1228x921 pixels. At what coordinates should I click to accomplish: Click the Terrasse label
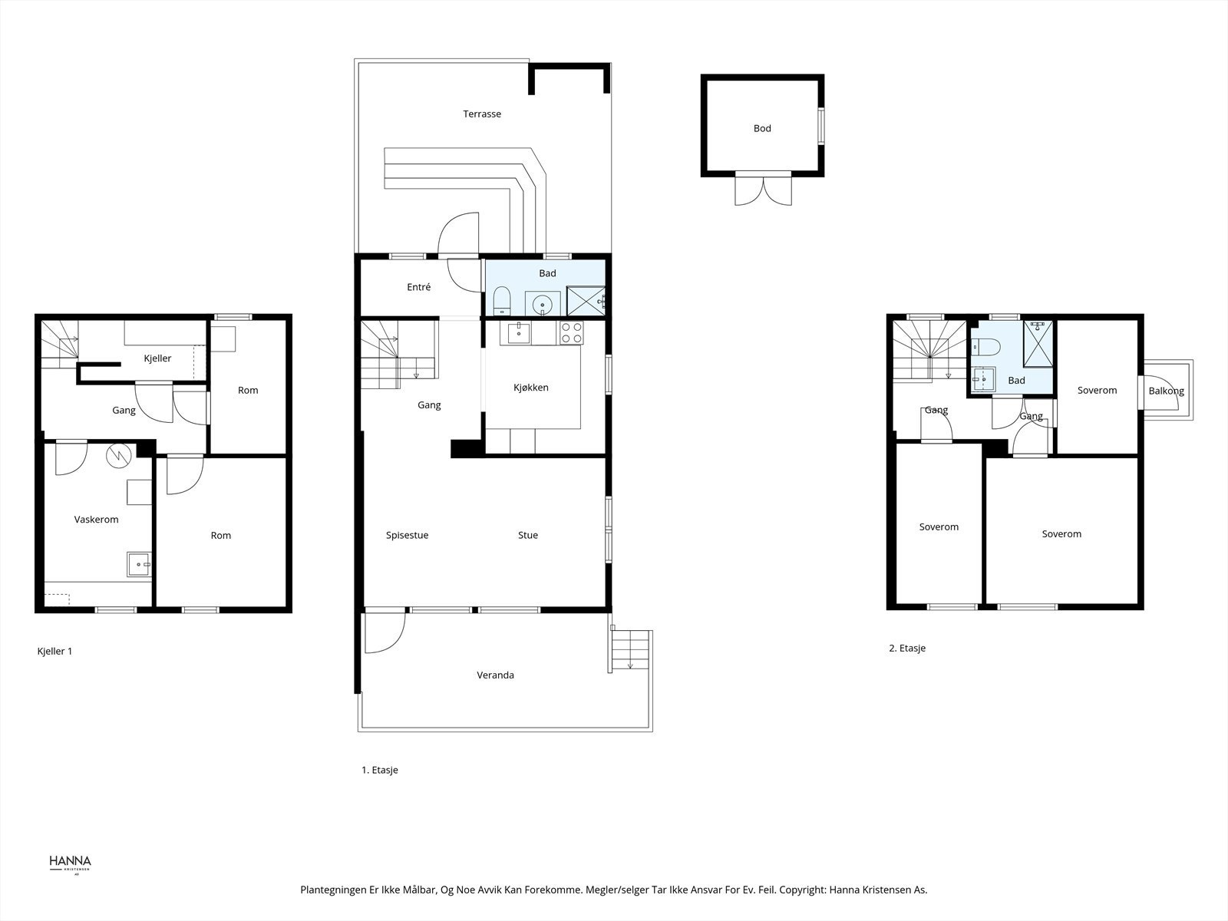pyautogui.click(x=482, y=114)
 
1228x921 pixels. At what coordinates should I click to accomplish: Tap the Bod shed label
pyautogui.click(x=762, y=129)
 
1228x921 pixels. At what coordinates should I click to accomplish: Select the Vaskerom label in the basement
pyautogui.click(x=96, y=520)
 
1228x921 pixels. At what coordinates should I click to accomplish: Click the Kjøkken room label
pyautogui.click(x=531, y=388)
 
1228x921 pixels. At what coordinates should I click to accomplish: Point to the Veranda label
pyautogui.click(x=496, y=675)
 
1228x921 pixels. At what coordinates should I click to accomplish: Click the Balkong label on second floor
pyautogui.click(x=1166, y=391)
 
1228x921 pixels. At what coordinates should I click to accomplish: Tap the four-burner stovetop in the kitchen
pyautogui.click(x=571, y=332)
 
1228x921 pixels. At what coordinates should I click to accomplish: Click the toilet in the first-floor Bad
pyautogui.click(x=502, y=300)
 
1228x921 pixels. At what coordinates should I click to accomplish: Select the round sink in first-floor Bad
pyautogui.click(x=543, y=305)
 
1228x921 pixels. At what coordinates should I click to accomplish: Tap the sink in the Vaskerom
pyautogui.click(x=139, y=564)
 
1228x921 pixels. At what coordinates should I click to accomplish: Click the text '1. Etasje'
pyautogui.click(x=380, y=770)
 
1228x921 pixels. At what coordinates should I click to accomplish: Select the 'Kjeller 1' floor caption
pyautogui.click(x=54, y=651)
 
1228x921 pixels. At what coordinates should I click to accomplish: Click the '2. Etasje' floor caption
pyautogui.click(x=907, y=648)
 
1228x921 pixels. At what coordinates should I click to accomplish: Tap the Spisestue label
pyautogui.click(x=407, y=536)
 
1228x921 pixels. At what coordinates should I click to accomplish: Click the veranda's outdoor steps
pyautogui.click(x=632, y=649)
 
